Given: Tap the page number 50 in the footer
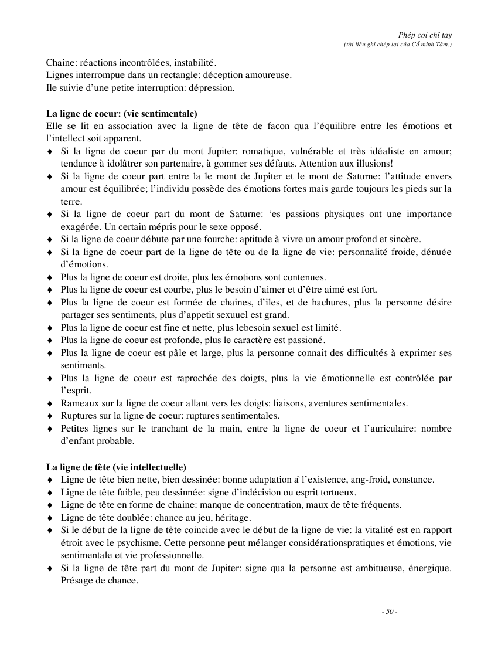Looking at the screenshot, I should click(x=390, y=612).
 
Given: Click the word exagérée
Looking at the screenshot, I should click(x=79, y=227).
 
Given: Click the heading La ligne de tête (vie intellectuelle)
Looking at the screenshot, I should click(x=117, y=467).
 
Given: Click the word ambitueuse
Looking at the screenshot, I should click(x=374, y=568).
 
